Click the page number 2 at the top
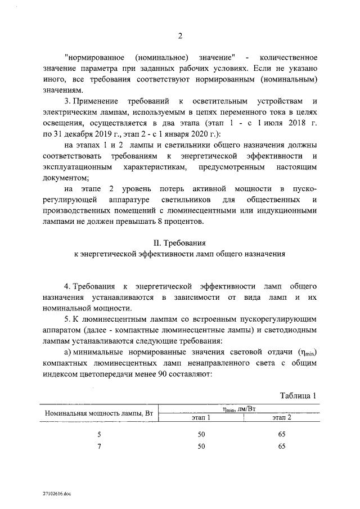[180, 37]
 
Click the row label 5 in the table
[99, 434]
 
